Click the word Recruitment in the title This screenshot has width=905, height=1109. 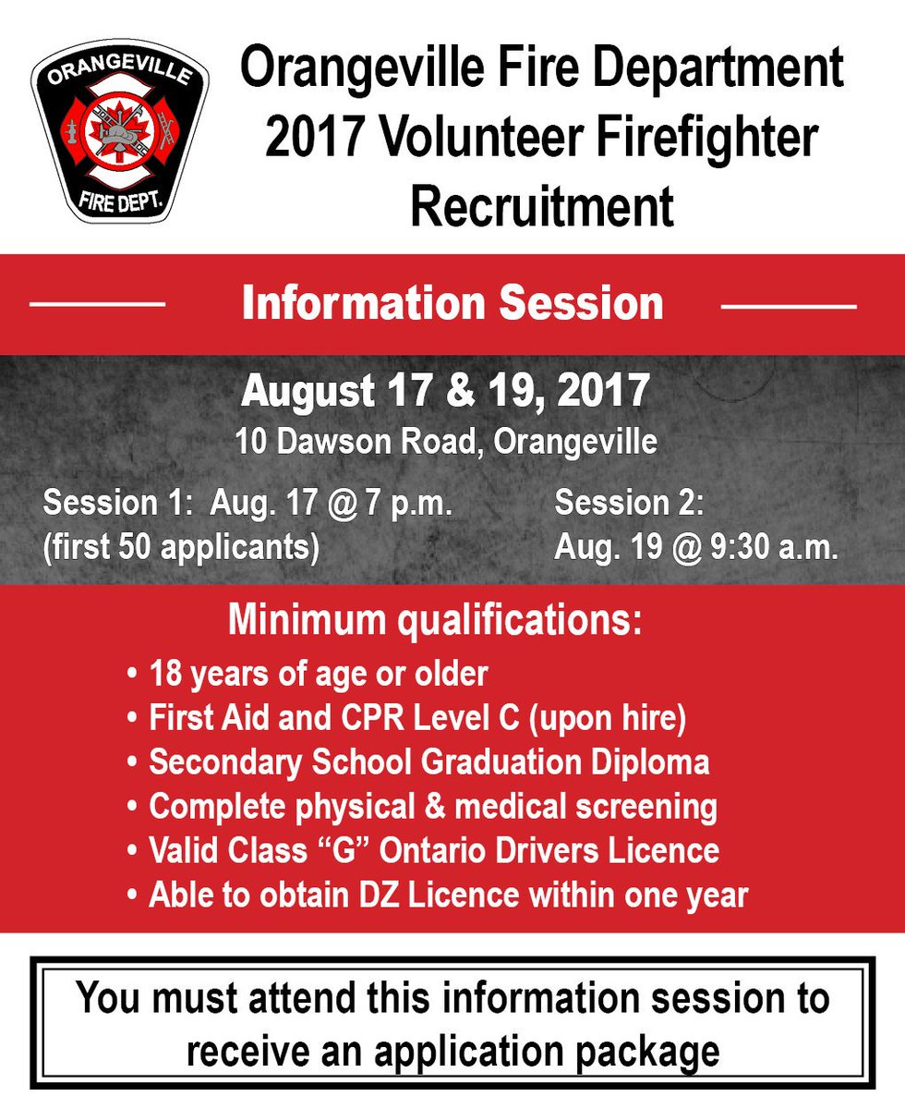[x=542, y=207]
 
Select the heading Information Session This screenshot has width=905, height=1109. [x=452, y=303]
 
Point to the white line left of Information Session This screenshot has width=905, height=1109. [x=98, y=303]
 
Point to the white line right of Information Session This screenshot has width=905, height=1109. [x=788, y=304]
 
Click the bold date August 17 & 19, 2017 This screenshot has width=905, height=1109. [x=446, y=391]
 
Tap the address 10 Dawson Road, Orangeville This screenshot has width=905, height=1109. [x=446, y=442]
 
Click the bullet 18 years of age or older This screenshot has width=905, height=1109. [x=318, y=674]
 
